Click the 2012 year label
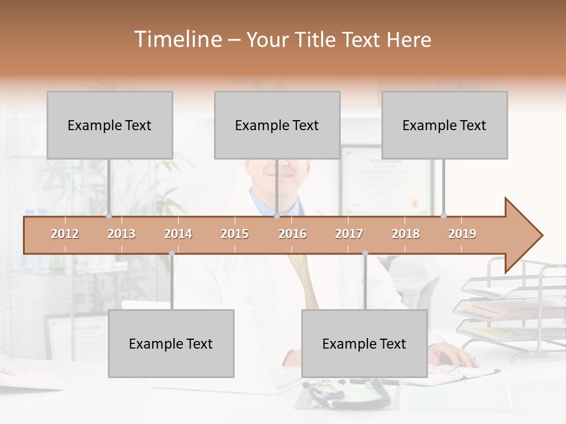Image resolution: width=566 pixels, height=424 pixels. (65, 234)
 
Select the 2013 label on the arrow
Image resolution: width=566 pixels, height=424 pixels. (121, 234)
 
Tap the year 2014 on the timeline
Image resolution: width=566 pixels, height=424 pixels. (178, 234)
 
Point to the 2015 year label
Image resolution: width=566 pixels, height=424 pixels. (235, 234)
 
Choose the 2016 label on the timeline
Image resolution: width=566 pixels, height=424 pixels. (292, 234)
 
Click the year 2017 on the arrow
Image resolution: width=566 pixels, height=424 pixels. (349, 234)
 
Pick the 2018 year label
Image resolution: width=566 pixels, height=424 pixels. (406, 234)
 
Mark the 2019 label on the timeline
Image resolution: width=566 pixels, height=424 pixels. (462, 234)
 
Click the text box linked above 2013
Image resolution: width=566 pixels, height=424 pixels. (110, 125)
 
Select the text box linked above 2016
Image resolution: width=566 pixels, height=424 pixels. (277, 125)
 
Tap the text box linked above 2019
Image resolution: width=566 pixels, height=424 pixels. (445, 125)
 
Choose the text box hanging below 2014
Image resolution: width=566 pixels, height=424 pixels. (171, 343)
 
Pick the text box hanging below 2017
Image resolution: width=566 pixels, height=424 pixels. (364, 343)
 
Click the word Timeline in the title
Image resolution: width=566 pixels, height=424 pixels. (177, 39)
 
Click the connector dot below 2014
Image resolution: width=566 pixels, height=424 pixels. (172, 253)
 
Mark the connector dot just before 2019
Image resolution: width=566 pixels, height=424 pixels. (443, 216)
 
